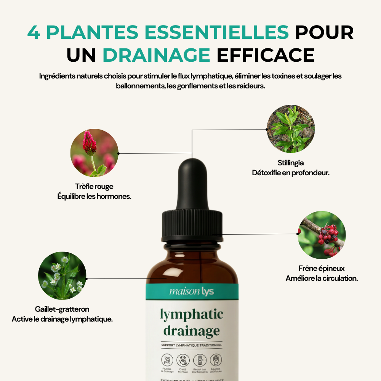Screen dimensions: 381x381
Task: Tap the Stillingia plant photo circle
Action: click(291, 129)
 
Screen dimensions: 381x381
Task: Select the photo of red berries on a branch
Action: click(322, 235)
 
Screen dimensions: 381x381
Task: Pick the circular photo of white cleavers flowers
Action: click(62, 275)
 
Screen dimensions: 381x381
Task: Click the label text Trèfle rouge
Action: click(94, 187)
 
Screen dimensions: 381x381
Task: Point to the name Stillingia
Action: click(291, 163)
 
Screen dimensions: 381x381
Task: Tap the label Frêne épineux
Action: click(322, 269)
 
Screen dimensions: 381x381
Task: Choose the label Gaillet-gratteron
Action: click(62, 309)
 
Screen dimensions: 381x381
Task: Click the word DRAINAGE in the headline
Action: click(156, 55)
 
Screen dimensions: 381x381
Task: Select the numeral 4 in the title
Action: click(34, 33)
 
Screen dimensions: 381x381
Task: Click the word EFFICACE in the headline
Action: click(266, 55)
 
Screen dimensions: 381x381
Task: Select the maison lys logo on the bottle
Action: click(192, 292)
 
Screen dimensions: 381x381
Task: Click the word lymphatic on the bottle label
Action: click(191, 315)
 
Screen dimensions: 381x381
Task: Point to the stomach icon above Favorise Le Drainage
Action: click(168, 360)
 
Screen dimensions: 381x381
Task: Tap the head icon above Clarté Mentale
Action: click(183, 360)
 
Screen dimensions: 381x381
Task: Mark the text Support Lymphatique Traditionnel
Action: click(191, 345)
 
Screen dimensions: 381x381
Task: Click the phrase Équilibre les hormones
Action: click(94, 196)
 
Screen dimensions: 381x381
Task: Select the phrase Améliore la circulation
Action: click(322, 278)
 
